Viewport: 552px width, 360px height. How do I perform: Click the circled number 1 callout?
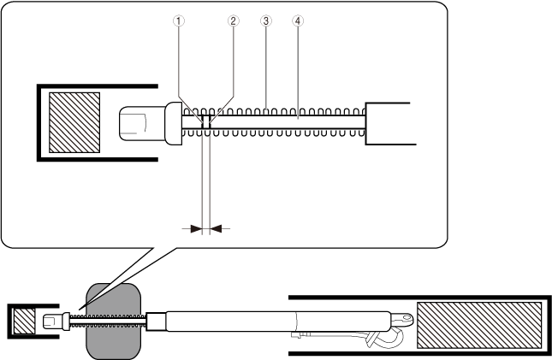click(179, 23)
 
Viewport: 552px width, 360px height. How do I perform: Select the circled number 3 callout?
click(265, 23)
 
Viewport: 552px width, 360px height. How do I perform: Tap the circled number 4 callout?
click(297, 23)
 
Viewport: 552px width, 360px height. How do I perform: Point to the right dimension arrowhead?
click(216, 228)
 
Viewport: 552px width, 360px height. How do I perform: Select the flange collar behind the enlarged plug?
click(172, 123)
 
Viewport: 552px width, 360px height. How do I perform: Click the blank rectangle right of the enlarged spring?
click(389, 123)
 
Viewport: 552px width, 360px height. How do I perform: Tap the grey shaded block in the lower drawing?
click(112, 321)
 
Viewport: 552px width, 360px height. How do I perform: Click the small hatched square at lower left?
click(23, 322)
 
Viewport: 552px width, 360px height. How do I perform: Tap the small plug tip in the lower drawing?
click(51, 322)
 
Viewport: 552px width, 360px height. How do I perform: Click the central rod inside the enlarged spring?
click(282, 123)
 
